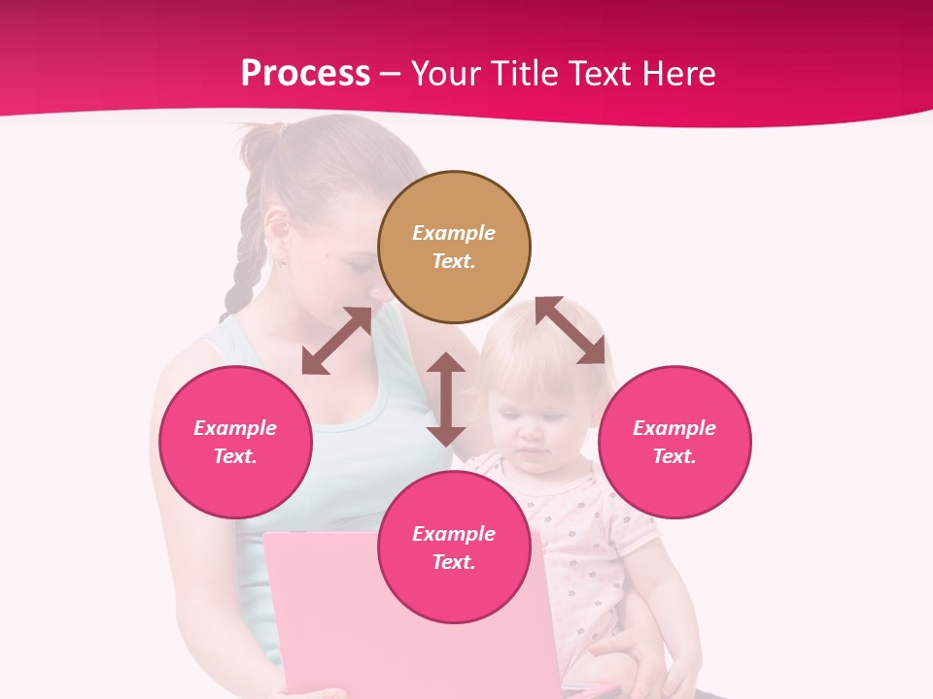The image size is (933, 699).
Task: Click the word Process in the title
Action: [305, 74]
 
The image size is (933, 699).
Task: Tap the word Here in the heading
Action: [676, 74]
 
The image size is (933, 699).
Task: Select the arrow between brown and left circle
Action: [336, 341]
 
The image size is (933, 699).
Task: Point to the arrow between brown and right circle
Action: [570, 330]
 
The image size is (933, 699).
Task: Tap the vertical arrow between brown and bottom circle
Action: [446, 399]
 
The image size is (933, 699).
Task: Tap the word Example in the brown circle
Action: [454, 233]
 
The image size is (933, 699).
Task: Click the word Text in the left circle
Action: [235, 456]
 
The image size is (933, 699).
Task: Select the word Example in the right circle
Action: [674, 428]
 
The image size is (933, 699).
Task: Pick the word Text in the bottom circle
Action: [454, 562]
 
